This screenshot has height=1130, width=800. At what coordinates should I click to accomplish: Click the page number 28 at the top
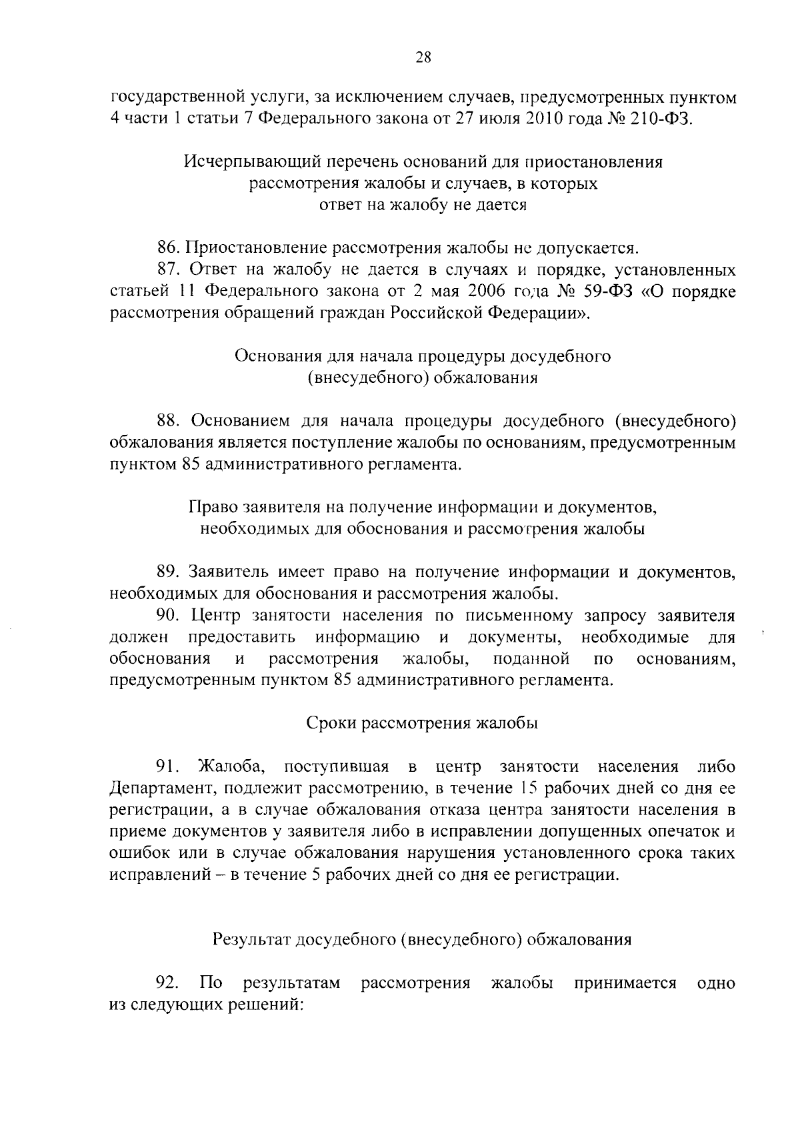(x=423, y=57)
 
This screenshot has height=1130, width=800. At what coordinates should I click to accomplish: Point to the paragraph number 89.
(x=168, y=572)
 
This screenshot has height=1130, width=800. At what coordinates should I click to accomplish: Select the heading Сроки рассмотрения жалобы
(x=423, y=723)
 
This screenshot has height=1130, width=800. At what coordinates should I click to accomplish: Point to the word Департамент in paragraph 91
(x=162, y=788)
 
